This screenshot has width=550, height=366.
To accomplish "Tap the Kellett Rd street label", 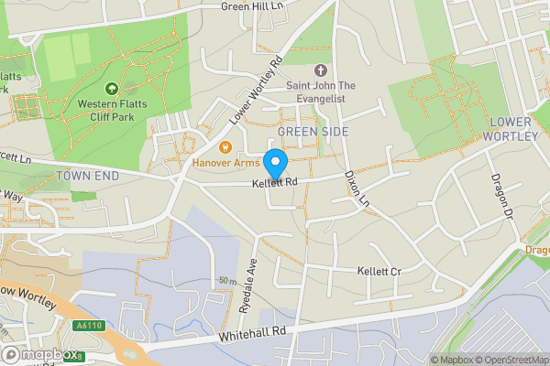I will tap(277, 184).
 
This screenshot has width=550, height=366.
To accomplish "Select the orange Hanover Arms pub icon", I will tap(225, 145).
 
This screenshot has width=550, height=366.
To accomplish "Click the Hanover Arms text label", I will tap(225, 163).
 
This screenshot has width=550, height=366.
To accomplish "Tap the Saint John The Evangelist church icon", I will tap(320, 70).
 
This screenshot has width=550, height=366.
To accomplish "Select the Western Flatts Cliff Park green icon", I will tap(112, 89).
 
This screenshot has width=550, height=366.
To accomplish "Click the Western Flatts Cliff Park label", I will tap(112, 112).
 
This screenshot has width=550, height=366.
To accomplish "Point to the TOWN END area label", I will tap(88, 174).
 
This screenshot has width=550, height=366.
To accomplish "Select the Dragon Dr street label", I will tap(500, 191).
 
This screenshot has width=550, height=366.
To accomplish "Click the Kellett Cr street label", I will tap(379, 272).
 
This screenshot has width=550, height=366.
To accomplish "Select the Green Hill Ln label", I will tap(253, 6).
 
